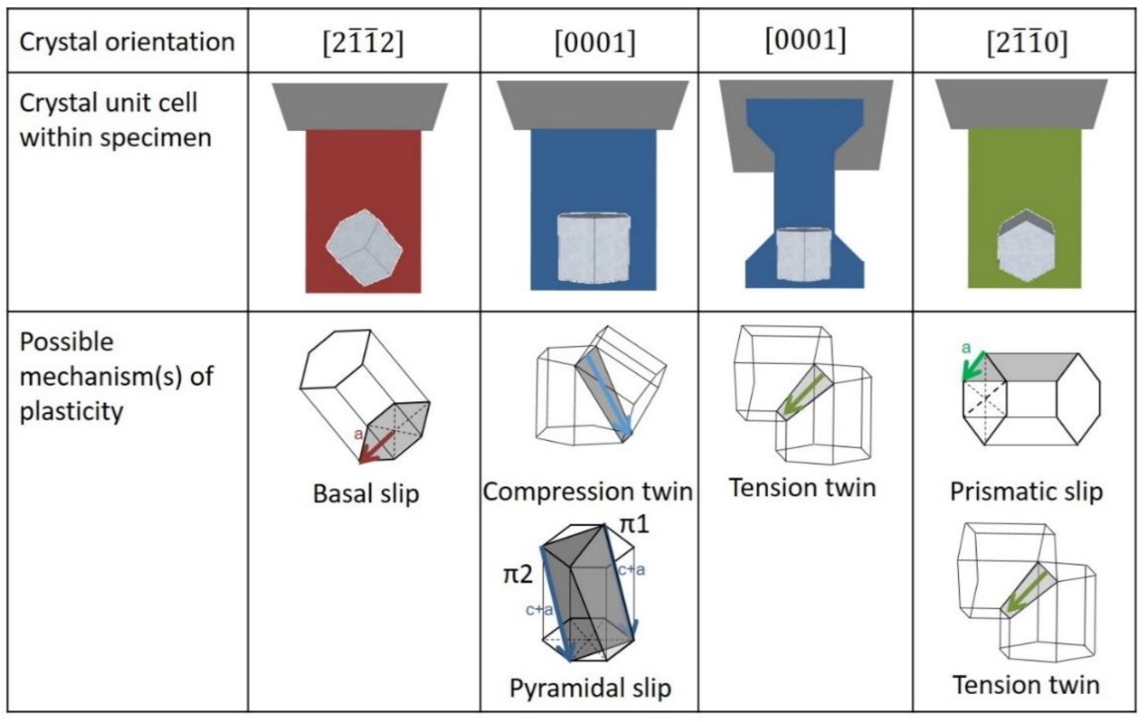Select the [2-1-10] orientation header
click(1027, 43)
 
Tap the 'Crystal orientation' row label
click(127, 42)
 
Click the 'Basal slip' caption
click(366, 494)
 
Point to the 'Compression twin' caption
click(588, 492)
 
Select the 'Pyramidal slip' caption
click(590, 688)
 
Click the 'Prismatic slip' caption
click(1026, 492)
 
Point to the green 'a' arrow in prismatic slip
click(973, 367)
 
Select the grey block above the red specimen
click(360, 107)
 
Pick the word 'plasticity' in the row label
click(71, 411)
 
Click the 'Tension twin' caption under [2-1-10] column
click(1026, 685)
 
